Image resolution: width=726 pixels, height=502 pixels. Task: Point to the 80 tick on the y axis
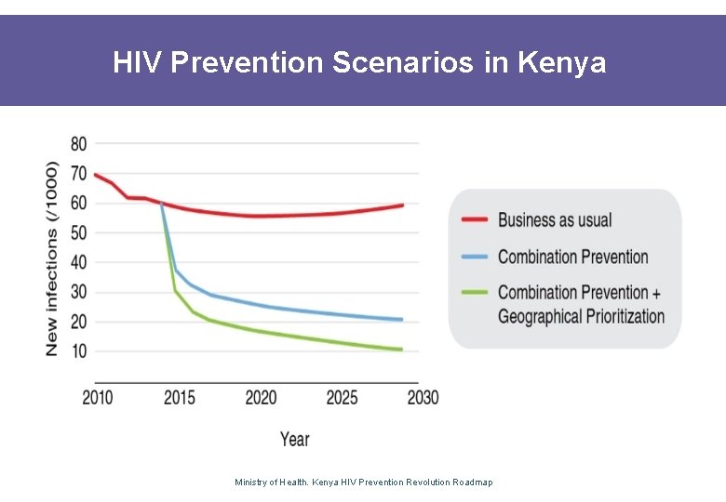coord(78,144)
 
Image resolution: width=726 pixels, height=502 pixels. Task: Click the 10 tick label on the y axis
coord(78,351)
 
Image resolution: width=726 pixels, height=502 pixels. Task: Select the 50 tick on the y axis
coord(78,232)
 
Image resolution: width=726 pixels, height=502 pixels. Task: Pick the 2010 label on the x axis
coord(97,398)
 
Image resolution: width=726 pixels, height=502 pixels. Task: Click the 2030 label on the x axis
coord(422,398)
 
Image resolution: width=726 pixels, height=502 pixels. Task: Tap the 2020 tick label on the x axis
coord(261,398)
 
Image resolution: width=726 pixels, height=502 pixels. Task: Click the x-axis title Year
coord(294,438)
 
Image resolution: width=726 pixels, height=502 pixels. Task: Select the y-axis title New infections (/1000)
coord(52,258)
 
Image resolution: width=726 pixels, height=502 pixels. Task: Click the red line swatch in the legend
coord(475,220)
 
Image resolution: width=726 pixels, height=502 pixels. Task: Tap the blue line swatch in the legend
coord(475,257)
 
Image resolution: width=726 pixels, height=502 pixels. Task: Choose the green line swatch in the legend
coord(475,293)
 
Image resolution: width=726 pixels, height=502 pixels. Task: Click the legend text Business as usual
coord(555,220)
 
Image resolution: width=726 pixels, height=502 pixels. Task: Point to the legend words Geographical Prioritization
coord(581,317)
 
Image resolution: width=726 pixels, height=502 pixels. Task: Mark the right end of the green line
coord(401,350)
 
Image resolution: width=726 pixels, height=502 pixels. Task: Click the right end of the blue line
coord(401,320)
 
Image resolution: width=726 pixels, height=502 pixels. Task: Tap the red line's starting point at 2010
coord(96,175)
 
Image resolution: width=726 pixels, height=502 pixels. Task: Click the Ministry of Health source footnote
coord(364,482)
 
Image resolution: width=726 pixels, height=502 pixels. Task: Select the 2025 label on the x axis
coord(342,398)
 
